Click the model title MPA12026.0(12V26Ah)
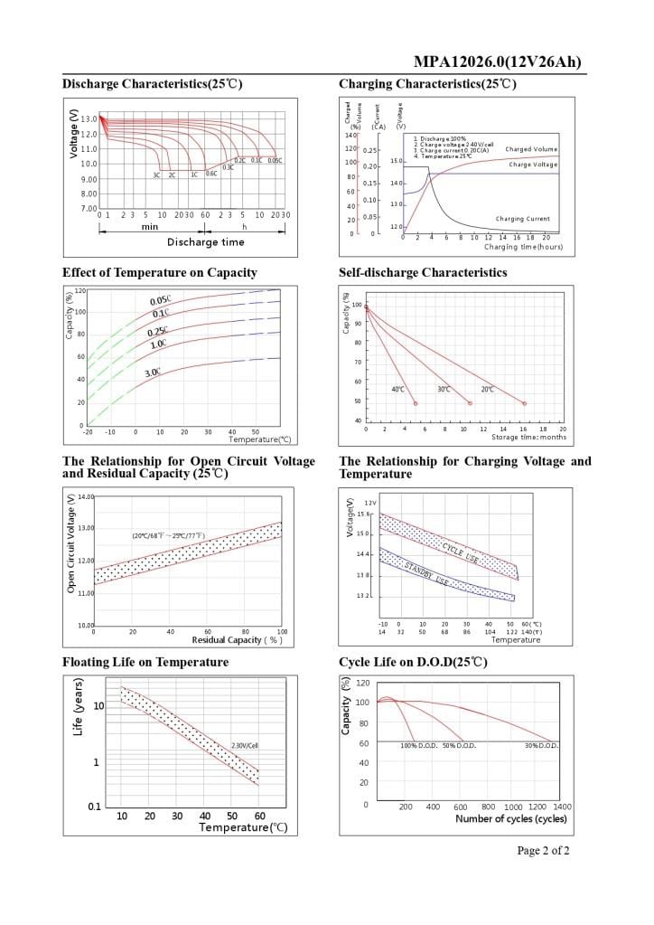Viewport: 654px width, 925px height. pos(497,61)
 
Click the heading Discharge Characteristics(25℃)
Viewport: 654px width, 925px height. pos(152,84)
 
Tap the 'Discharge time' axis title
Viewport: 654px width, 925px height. pos(205,241)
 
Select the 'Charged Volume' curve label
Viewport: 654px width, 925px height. pos(531,149)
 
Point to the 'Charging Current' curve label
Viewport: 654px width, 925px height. pos(522,219)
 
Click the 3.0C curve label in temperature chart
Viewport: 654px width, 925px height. pos(153,372)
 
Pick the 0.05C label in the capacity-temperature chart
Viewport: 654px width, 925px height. pos(160,301)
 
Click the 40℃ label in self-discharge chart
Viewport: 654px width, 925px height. pos(397,389)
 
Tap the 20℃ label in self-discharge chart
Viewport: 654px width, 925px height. pos(487,389)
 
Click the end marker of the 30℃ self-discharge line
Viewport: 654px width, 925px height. pos(471,403)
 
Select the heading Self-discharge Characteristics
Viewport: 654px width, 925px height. pos(423,272)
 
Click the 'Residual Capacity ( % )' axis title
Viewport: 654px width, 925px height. pos(238,640)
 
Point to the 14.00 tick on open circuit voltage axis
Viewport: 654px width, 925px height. pos(86,497)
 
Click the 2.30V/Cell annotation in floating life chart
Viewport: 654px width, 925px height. pos(245,746)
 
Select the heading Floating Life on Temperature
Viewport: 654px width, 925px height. pos(145,662)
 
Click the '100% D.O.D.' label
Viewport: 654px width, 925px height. pos(419,745)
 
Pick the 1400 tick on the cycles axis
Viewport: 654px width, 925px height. pos(562,806)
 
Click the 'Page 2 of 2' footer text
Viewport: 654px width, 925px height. pos(543,850)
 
